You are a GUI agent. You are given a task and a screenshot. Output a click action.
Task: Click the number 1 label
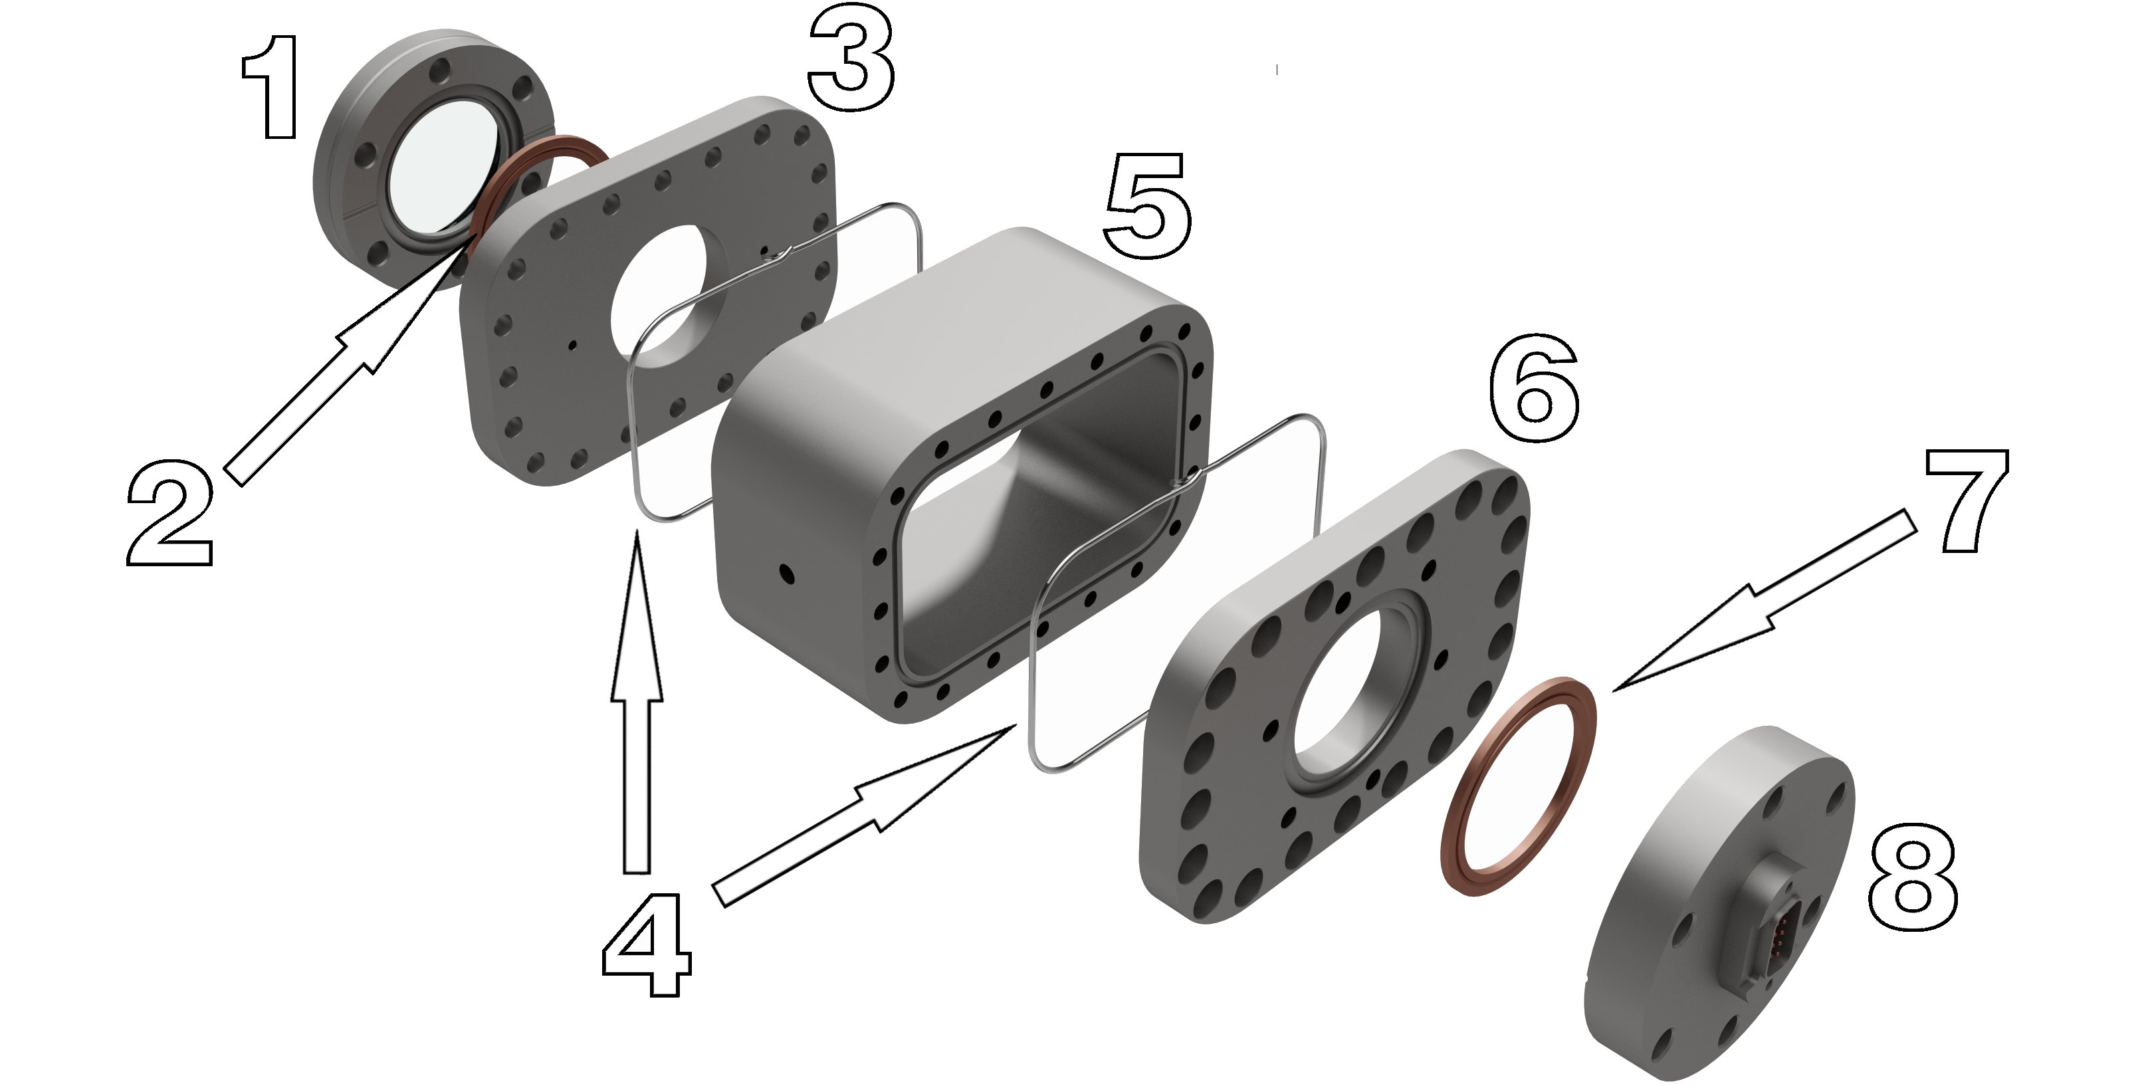[269, 87]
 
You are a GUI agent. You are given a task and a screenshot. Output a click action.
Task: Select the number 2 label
[169, 516]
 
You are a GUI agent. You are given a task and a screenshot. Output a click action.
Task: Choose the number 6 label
[1533, 388]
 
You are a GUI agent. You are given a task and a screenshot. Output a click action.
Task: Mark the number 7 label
[1966, 500]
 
